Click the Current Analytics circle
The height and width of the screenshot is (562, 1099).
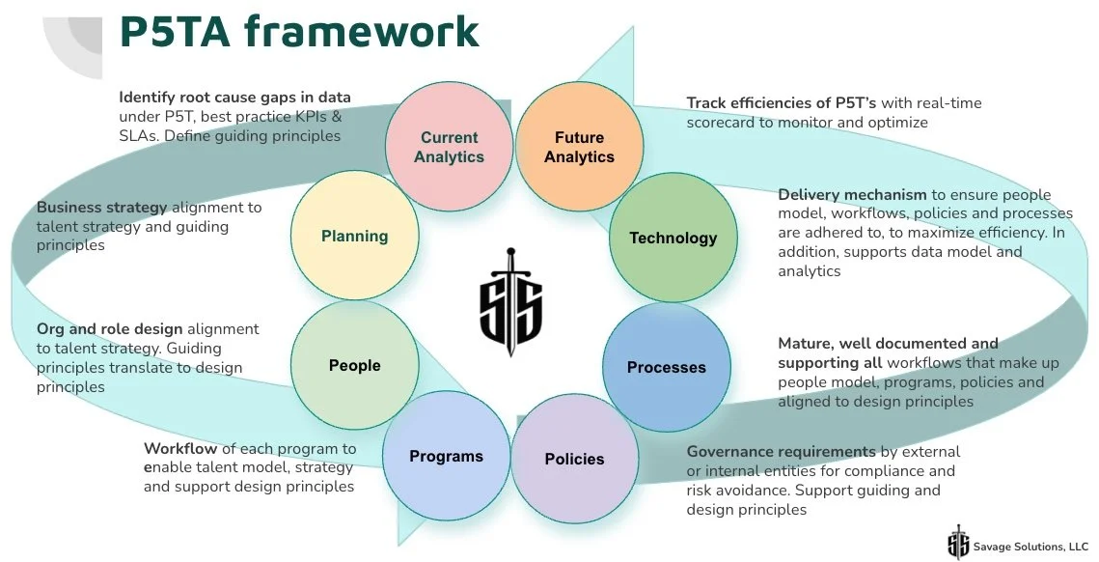[x=449, y=146]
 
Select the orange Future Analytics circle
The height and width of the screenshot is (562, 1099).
[x=579, y=146]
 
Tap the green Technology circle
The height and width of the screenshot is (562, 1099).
[x=673, y=238]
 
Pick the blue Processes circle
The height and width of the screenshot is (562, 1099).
[x=666, y=367]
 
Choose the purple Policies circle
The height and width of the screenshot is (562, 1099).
[x=574, y=459]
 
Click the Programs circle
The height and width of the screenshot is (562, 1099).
[x=446, y=456]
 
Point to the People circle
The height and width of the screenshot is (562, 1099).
[x=354, y=365]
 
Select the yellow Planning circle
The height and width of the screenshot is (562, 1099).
[x=354, y=236]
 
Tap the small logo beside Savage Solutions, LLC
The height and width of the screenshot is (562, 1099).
[x=958, y=543]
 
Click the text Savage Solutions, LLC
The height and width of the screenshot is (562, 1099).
[x=1030, y=546]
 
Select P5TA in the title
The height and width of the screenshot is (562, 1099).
[x=174, y=31]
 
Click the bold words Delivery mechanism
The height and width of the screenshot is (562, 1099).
[x=852, y=195]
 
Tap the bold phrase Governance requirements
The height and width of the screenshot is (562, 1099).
[x=781, y=452]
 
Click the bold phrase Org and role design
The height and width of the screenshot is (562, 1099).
[x=109, y=329]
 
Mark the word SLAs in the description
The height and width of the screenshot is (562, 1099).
[x=139, y=136]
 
